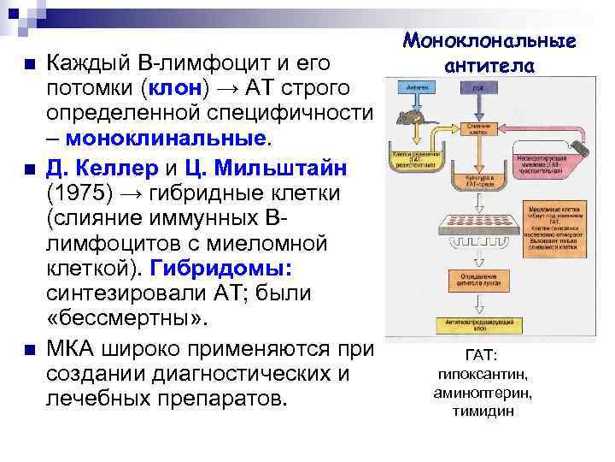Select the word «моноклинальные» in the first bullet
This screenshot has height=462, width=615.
pos(167,137)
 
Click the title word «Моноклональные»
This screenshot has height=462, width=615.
pos(489,40)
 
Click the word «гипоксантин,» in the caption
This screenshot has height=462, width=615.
pos(484,374)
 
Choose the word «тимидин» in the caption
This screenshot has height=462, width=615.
pos(484,411)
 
